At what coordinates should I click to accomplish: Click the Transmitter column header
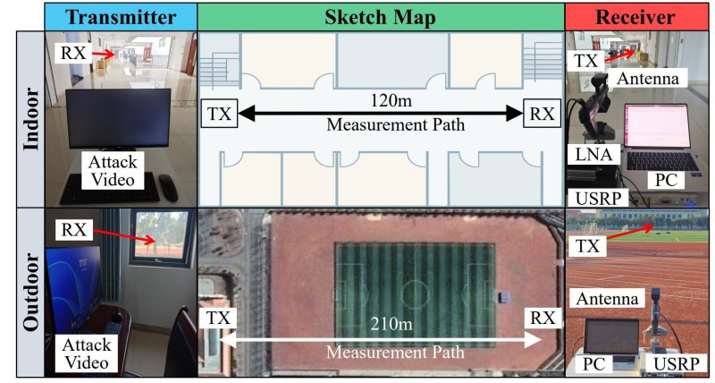[x=121, y=17]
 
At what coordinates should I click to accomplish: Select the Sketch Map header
[x=381, y=17]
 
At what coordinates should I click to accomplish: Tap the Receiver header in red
[x=635, y=17]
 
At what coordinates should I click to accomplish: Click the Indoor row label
[x=30, y=119]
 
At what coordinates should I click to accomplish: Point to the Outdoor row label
[x=30, y=292]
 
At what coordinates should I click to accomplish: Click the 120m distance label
[x=391, y=100]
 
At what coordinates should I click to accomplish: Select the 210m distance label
[x=391, y=324]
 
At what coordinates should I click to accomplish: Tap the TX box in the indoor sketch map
[x=219, y=114]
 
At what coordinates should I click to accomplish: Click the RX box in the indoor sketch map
[x=543, y=114]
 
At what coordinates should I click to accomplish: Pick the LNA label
[x=593, y=154]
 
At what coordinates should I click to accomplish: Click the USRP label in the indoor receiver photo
[x=598, y=198]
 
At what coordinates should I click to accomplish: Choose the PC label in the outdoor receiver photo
[x=594, y=364]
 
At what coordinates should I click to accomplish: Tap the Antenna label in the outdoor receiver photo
[x=608, y=299]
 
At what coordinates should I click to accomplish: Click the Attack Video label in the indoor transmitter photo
[x=113, y=171]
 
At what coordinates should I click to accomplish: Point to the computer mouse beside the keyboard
[x=168, y=188]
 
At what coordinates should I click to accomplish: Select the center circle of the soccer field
[x=415, y=290]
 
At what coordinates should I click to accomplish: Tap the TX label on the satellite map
[x=218, y=318]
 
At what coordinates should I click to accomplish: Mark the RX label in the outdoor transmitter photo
[x=73, y=230]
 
